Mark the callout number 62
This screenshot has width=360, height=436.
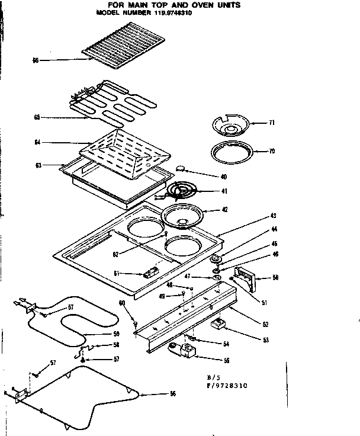117,254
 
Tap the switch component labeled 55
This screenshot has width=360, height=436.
185,353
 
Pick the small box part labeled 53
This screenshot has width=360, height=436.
220,325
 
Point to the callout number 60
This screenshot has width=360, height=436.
123,303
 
